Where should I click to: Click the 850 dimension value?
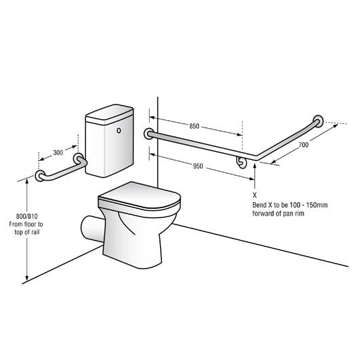[x=194, y=126]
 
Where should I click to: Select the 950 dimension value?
[x=197, y=166]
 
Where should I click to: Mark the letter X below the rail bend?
[x=254, y=194]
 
